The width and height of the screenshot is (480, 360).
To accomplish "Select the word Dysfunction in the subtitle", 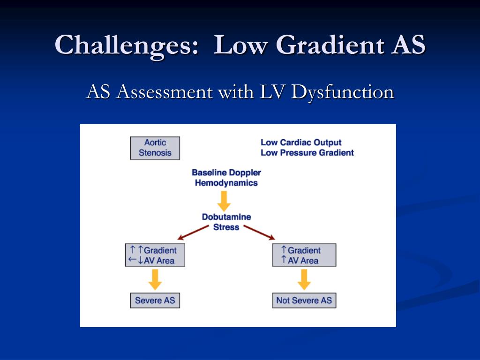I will (342, 92).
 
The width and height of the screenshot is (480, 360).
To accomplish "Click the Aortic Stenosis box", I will (155, 148).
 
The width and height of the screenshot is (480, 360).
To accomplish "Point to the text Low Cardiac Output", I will (301, 142).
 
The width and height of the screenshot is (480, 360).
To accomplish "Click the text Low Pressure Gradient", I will (307, 153).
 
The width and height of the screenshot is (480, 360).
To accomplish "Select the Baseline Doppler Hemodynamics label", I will (226, 178).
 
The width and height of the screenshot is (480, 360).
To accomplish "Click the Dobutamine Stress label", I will (226, 222).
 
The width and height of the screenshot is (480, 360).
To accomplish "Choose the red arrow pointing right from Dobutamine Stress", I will (259, 232).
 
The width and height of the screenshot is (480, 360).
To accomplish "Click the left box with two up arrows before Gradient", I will (155, 255).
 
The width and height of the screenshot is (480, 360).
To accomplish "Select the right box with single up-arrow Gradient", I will (304, 255).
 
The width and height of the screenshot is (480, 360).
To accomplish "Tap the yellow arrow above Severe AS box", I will (155, 280).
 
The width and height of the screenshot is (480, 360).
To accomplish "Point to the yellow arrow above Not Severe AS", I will (304, 280).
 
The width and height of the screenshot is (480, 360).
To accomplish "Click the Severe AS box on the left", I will (155, 300).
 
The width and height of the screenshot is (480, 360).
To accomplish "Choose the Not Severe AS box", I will (304, 300).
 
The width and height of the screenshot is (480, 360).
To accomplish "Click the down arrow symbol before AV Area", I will (140, 261).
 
